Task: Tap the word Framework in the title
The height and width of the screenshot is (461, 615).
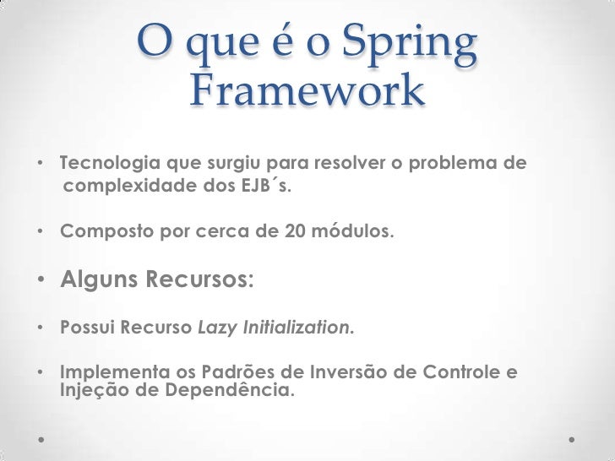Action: tap(307, 92)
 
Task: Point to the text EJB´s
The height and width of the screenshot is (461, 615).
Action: tap(268, 186)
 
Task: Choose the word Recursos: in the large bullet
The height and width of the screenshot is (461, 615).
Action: tap(199, 279)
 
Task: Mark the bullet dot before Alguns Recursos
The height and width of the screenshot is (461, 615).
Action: tap(41, 280)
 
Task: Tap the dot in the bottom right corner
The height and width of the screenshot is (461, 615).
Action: tap(572, 440)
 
